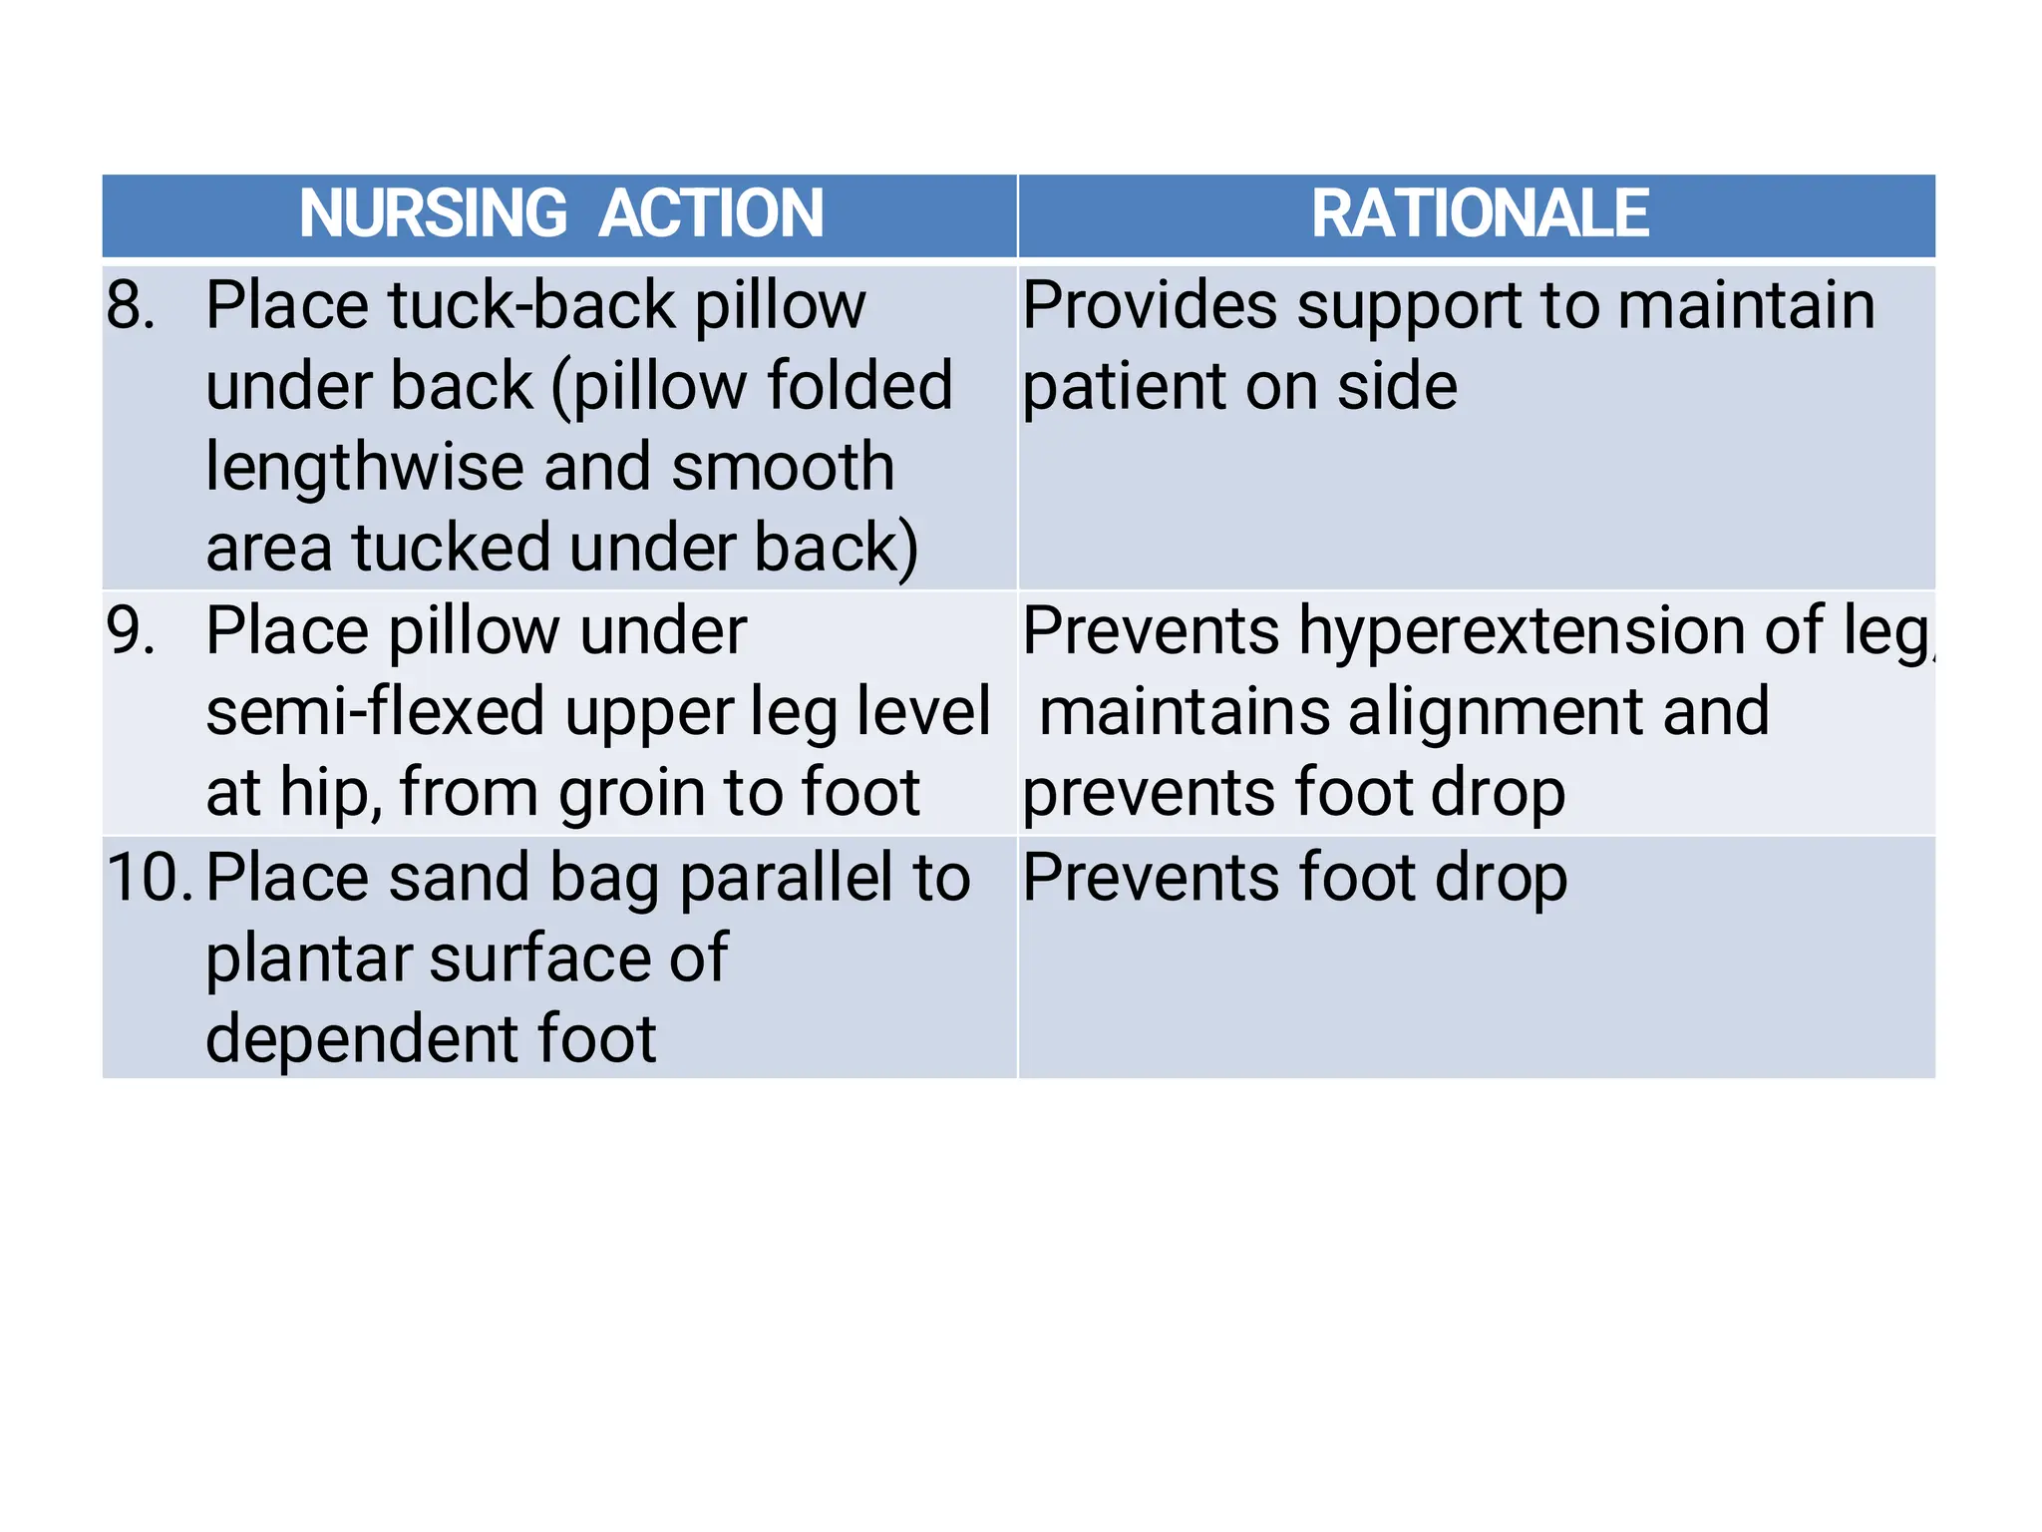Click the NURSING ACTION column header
click(560, 213)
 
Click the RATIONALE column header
click(1480, 213)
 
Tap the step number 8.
click(131, 305)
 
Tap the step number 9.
click(131, 631)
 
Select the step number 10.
click(149, 878)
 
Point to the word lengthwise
click(364, 467)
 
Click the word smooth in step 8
click(783, 467)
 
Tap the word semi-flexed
click(375, 712)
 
